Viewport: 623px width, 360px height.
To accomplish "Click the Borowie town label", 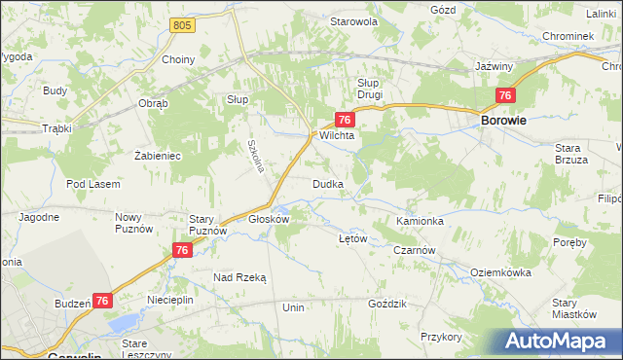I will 504,121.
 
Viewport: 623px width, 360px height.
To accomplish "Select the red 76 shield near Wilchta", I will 344,119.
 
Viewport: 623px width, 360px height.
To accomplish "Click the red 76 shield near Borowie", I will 504,95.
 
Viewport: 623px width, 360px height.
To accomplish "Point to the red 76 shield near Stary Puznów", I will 181,250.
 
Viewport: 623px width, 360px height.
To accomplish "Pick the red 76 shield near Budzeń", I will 103,303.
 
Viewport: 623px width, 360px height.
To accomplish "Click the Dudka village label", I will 326,183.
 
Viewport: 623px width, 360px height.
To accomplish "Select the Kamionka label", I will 421,222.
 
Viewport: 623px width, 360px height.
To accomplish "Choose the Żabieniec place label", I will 158,155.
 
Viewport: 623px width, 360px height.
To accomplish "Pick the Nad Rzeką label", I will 239,277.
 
